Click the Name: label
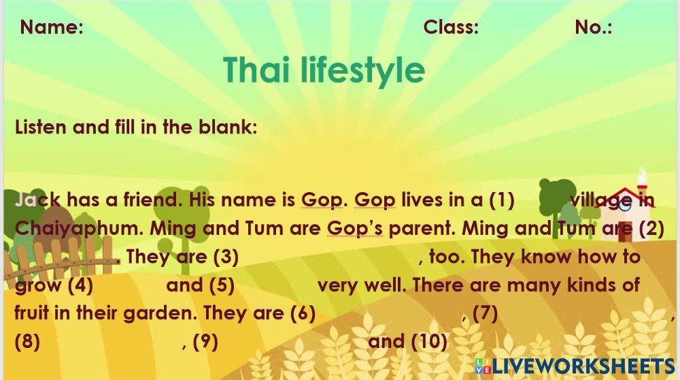[x=52, y=27]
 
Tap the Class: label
[x=451, y=27]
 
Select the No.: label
[x=593, y=27]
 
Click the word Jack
[x=37, y=200]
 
